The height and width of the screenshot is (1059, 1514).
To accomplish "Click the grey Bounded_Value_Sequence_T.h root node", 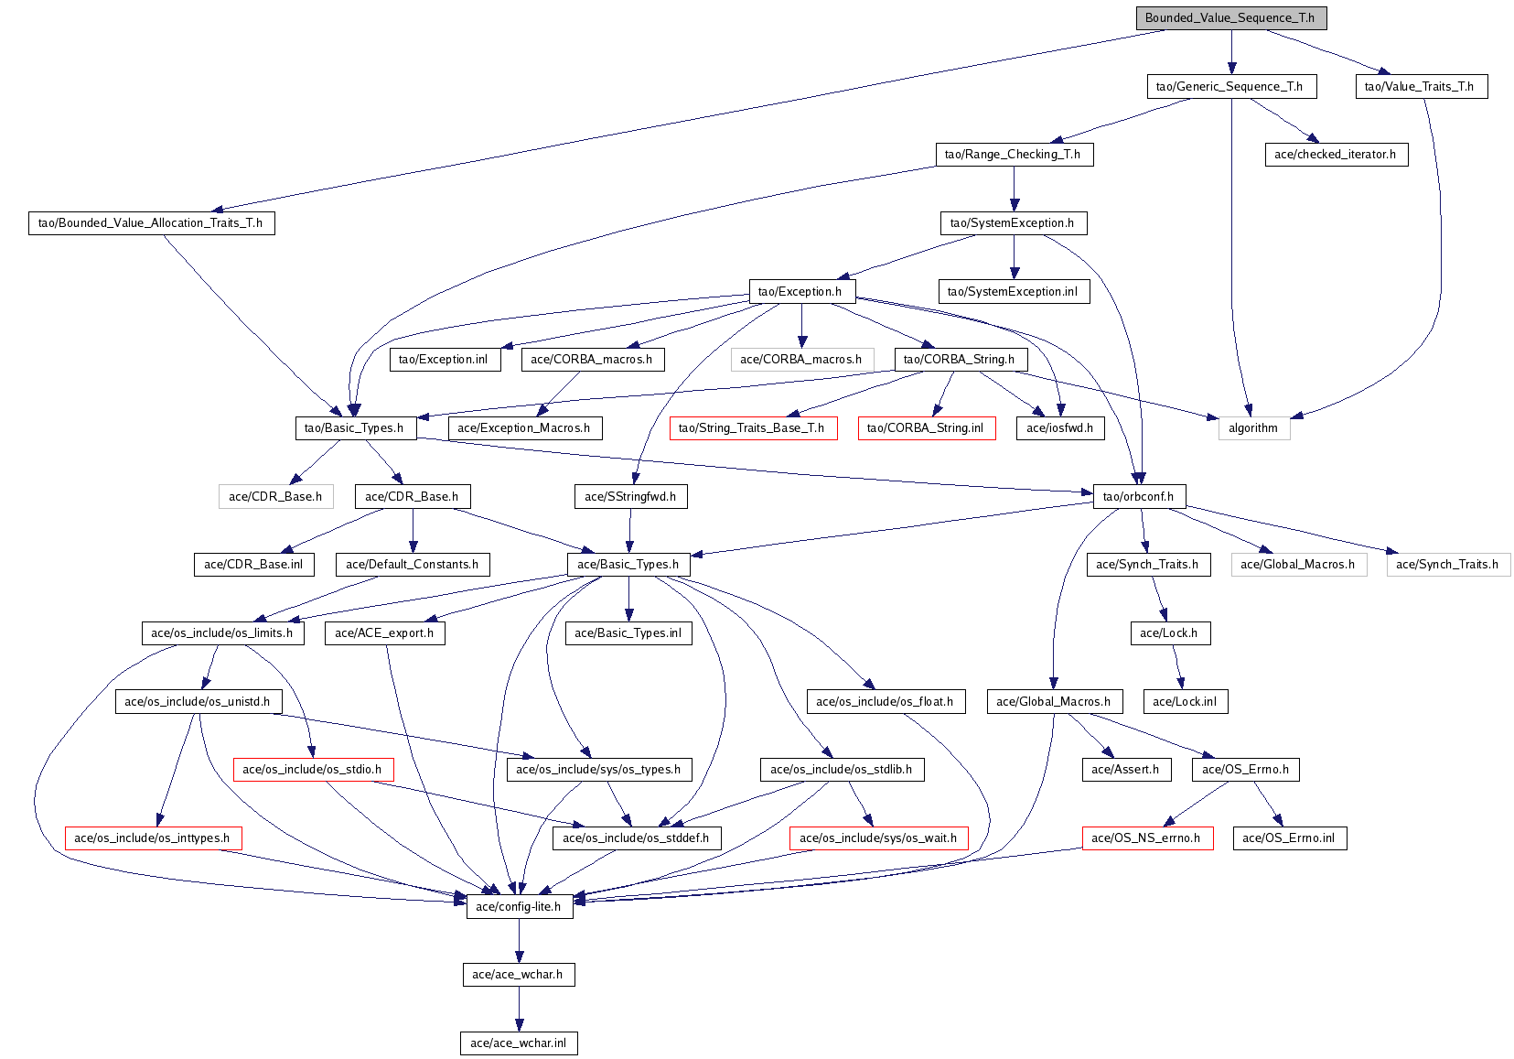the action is pos(1231,18).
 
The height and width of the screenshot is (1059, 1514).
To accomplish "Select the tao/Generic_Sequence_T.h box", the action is pos(1231,87).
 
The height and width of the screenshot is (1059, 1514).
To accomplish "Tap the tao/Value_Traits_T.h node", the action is pos(1422,87).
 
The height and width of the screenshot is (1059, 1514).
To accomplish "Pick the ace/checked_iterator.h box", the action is pos(1337,154).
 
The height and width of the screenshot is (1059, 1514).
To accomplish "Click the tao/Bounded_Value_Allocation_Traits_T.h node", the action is pos(152,223).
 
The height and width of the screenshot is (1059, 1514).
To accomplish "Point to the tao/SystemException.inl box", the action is pos(1014,291).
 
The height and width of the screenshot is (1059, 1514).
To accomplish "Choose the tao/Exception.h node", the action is pos(801,291).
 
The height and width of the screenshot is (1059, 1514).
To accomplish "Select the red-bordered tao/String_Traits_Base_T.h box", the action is pos(754,428).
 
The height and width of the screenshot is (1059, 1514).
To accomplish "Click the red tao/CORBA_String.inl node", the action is pos(927,428).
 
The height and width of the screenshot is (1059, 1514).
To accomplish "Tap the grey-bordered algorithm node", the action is pos(1254,428).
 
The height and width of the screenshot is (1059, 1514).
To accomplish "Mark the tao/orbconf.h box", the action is pos(1140,496).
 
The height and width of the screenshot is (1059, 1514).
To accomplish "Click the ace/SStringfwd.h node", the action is pos(631,496).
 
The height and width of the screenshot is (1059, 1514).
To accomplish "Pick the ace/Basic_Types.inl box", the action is pos(628,633).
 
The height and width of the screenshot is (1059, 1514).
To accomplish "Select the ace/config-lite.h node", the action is pos(520,906).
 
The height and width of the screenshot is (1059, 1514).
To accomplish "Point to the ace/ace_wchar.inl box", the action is pos(519,1043).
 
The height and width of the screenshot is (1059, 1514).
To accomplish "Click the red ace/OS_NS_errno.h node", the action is pos(1148,837).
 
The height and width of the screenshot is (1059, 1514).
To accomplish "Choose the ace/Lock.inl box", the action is pos(1186,701).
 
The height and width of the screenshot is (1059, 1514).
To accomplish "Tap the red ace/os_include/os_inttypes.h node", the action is pos(153,837).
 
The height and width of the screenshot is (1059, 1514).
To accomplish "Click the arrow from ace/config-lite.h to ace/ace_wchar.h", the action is pos(519,941).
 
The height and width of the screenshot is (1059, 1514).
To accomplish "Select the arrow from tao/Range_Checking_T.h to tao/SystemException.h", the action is pos(1014,189).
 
